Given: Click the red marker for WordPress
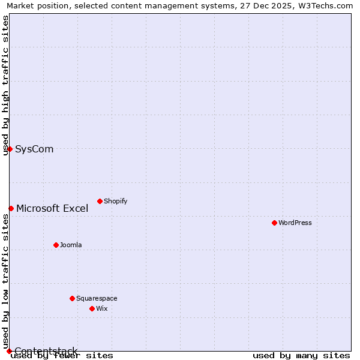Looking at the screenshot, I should coord(274,223).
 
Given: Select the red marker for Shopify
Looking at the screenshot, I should coord(100,201).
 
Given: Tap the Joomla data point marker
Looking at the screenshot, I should coord(56,245).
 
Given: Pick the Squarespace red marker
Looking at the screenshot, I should coord(72,298).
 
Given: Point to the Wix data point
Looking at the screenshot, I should coord(92,308).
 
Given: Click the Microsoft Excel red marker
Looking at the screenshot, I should coord(11,208).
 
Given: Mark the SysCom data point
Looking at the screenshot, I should coord(10,149).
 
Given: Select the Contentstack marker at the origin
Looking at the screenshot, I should coord(9,351).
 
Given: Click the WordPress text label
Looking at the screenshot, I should coord(295,223).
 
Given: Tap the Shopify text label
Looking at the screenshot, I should coord(116,201).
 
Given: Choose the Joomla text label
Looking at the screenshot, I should coord(71,245).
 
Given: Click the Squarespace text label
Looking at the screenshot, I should coord(97,298).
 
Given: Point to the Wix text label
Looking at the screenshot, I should coord(102,308).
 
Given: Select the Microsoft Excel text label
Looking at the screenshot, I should coord(52,209).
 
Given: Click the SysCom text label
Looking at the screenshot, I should coord(34,149).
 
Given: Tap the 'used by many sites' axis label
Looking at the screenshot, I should coord(301,355).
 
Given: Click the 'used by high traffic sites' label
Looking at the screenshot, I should coord(5,85).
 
